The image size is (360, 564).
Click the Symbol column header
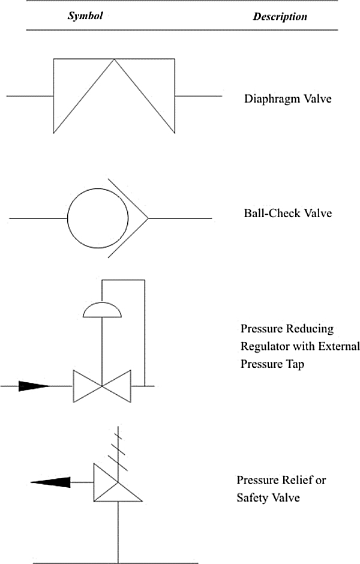click(x=85, y=16)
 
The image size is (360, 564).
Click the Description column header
click(x=280, y=17)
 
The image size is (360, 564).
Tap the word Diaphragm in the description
click(x=271, y=99)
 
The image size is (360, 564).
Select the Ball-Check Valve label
click(x=288, y=213)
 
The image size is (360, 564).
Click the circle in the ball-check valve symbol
click(x=68, y=218)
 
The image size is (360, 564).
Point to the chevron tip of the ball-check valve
click(x=148, y=218)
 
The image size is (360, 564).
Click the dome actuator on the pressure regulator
click(x=102, y=310)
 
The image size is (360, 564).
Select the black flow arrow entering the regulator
click(x=34, y=386)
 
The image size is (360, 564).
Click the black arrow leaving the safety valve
click(x=50, y=482)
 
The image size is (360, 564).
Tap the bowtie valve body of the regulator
click(x=102, y=386)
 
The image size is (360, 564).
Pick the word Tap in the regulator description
click(x=295, y=364)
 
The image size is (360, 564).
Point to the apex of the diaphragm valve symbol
click(x=114, y=59)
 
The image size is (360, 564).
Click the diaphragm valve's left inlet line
click(x=30, y=96)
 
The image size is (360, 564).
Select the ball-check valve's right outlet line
click(x=180, y=218)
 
